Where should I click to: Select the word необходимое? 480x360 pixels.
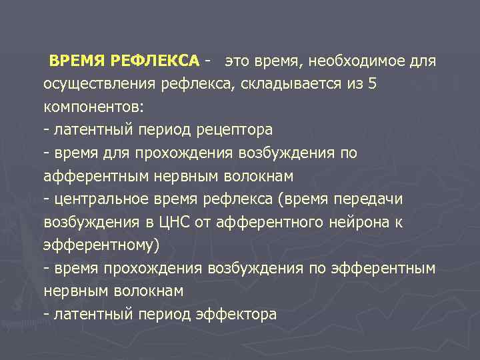coord(367,62)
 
